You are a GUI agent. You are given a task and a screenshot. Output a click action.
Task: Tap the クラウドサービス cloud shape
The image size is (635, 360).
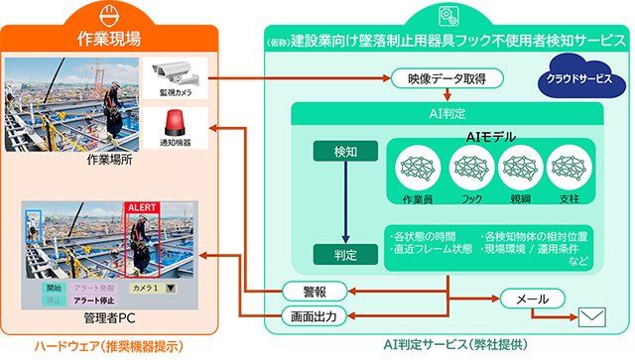(x=579, y=77)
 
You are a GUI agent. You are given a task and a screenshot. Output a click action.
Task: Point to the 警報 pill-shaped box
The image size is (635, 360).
(x=314, y=292)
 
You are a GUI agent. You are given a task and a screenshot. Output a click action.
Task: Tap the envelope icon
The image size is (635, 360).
(x=593, y=317)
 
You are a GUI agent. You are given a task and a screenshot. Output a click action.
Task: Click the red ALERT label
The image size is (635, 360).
(x=142, y=208)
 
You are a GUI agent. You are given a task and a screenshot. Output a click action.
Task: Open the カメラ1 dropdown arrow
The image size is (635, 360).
(x=172, y=289)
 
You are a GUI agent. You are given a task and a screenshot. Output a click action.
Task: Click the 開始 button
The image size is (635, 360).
(x=54, y=289)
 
